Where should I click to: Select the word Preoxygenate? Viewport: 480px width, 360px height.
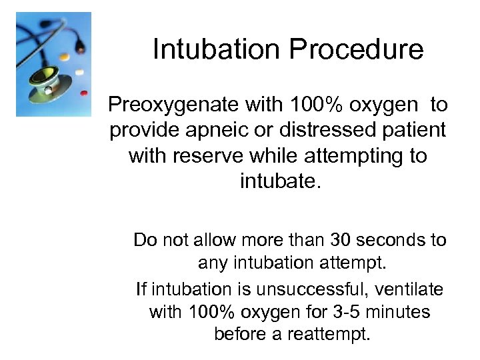click(173, 105)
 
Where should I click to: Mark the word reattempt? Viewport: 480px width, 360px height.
click(328, 334)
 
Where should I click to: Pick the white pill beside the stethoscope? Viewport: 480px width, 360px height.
click(79, 71)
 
